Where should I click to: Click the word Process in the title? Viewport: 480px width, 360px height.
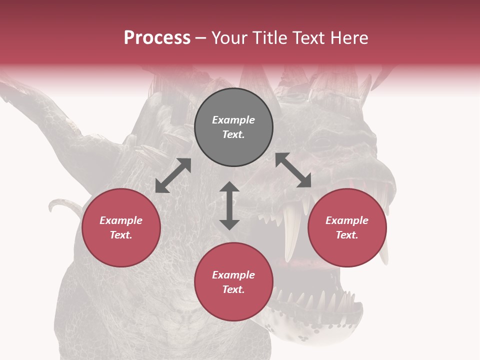(157, 38)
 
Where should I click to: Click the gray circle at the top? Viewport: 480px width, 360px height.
(233, 127)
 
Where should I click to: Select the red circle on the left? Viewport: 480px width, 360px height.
(121, 227)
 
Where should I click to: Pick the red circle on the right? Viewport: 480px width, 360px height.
(347, 227)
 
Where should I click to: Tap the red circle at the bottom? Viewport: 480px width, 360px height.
(233, 282)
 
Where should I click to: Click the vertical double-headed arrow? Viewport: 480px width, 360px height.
(229, 205)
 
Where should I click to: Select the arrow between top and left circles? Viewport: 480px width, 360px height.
(173, 175)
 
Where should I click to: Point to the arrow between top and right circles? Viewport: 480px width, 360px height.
(293, 170)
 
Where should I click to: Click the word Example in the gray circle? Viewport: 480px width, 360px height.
(233, 120)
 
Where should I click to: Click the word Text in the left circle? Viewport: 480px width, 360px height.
(121, 235)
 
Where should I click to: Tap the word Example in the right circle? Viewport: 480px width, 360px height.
(347, 220)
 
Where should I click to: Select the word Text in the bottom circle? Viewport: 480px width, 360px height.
(233, 289)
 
